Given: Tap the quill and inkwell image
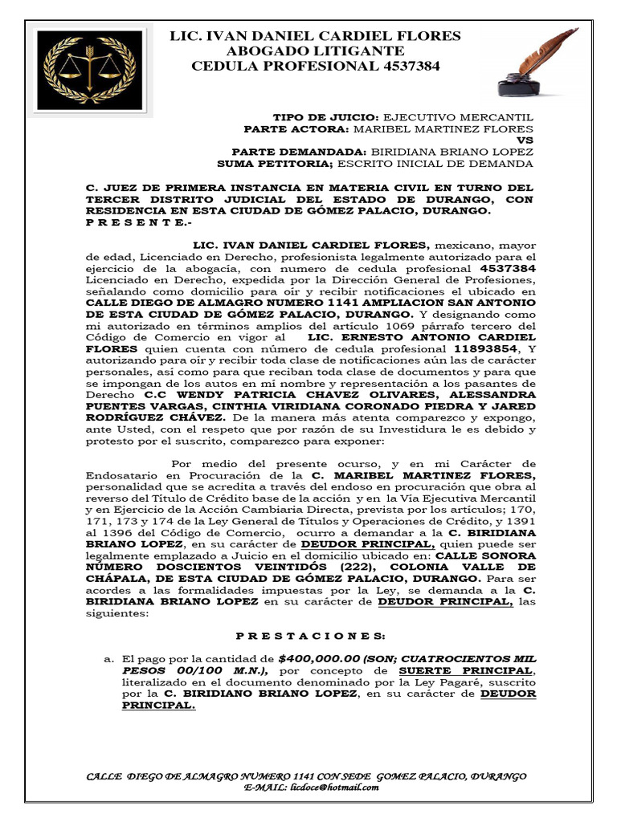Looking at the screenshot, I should click(x=536, y=62).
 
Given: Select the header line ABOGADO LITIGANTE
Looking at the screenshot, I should click(x=315, y=51).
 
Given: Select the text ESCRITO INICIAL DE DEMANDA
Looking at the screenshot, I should click(x=435, y=164).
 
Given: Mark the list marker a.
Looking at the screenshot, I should click(x=110, y=659).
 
